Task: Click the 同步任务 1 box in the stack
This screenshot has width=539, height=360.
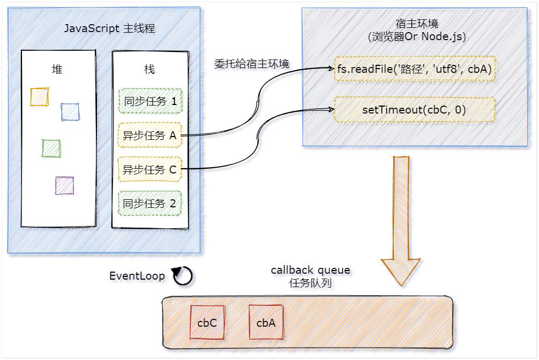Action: [x=150, y=101]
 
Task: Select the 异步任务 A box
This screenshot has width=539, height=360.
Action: [x=150, y=136]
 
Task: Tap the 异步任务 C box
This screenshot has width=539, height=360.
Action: [x=150, y=170]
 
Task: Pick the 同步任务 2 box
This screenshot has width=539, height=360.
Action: [x=150, y=204]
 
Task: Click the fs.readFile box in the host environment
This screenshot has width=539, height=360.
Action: [x=414, y=69]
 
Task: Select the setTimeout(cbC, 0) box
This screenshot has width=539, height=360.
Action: [x=414, y=110]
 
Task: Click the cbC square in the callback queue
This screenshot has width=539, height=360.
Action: [x=207, y=322]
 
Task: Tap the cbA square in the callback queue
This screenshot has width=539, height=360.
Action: [x=266, y=322]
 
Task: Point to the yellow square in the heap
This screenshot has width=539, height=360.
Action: [x=40, y=97]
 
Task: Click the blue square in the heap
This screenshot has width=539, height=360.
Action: [x=70, y=112]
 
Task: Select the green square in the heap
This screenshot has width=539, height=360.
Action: [x=51, y=148]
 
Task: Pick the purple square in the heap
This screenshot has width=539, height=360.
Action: [x=65, y=186]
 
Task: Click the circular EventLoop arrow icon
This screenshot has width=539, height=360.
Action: [x=183, y=276]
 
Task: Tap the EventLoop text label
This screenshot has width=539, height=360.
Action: [x=138, y=276]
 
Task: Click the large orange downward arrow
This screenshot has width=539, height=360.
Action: [x=401, y=220]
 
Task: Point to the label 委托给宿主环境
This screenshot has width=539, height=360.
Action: [x=251, y=64]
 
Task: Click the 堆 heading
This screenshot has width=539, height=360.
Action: [x=57, y=70]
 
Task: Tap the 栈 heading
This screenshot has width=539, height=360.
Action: [x=149, y=70]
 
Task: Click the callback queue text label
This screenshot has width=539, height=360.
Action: [x=310, y=271]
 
